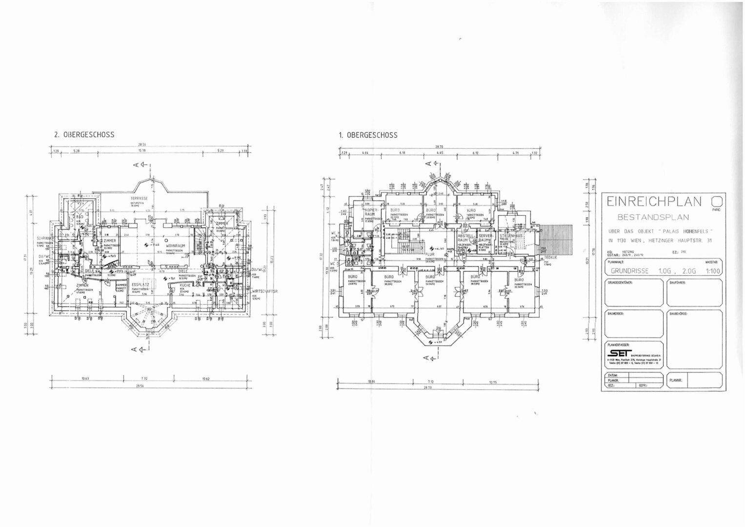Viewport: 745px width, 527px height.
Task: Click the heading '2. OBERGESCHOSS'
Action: (x=84, y=135)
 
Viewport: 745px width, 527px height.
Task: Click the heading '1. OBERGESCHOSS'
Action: (x=368, y=135)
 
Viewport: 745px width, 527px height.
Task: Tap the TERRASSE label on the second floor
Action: (x=139, y=199)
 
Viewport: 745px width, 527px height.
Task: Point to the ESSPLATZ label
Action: (x=141, y=284)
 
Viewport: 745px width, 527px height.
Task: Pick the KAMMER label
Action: (x=121, y=285)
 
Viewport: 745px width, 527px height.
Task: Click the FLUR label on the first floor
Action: (x=430, y=254)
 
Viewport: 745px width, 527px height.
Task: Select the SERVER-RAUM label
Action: (x=486, y=238)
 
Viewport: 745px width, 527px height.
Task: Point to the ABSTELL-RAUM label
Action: (x=463, y=238)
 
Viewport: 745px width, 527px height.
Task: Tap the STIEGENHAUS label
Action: (x=511, y=236)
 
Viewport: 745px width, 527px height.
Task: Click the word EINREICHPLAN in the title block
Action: (x=654, y=201)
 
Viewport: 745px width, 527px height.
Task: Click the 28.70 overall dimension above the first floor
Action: (x=439, y=146)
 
